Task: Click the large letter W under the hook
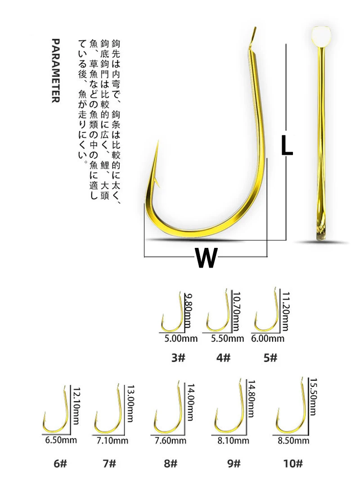[206, 257]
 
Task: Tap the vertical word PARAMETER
[55, 71]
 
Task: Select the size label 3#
[178, 357]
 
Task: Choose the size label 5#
[270, 357]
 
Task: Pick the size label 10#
[292, 463]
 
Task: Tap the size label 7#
[109, 463]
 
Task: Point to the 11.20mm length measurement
[285, 311]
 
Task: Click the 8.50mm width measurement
[293, 440]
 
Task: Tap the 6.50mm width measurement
[61, 440]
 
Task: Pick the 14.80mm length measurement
[251, 399]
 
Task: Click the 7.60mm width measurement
[170, 440]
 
